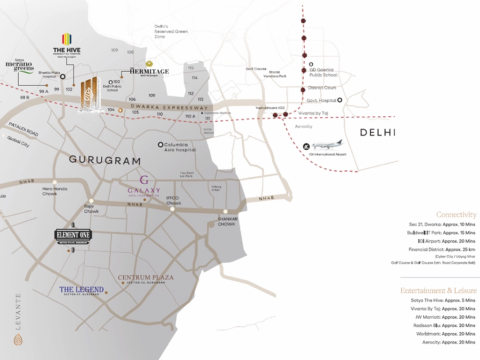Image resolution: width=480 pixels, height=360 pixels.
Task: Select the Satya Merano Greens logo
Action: pos(20,66)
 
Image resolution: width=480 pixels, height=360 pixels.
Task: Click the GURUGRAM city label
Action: pos(105,160)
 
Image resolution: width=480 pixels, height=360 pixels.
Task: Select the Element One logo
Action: pos(73,235)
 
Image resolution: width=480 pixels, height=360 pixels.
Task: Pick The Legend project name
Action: pos(82,290)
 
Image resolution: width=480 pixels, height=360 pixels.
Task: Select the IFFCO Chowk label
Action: pos(173,201)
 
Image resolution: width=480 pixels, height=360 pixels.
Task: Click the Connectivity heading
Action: pos(456,215)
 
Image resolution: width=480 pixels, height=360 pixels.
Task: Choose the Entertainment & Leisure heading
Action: pos(438,291)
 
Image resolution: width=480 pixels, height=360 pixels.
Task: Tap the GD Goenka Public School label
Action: pos(323,72)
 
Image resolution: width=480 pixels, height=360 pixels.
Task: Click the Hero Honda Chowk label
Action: pos(55,191)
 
